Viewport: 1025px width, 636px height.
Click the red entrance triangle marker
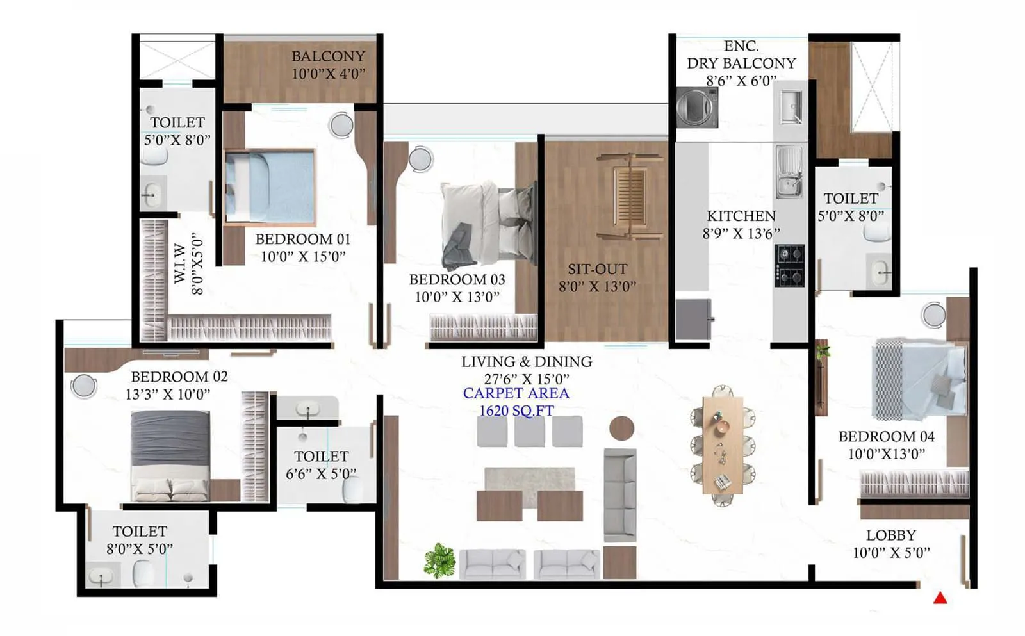[940, 598]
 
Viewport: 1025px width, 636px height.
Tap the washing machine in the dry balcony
[698, 108]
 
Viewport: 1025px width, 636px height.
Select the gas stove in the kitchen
[789, 265]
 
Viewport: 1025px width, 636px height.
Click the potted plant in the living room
[439, 560]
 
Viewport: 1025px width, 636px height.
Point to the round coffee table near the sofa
[621, 428]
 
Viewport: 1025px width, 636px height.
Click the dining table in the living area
[722, 444]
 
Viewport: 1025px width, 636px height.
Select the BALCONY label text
[328, 56]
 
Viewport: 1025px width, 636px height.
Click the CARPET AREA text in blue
[516, 393]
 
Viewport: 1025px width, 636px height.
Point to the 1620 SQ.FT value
[516, 411]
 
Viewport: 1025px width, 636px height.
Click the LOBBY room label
[890, 535]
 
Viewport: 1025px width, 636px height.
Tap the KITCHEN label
[741, 216]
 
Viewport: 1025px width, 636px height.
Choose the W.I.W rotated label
[180, 263]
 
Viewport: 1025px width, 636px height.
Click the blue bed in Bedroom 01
[271, 187]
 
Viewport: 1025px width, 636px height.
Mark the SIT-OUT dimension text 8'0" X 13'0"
[597, 286]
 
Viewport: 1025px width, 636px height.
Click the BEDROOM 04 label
[886, 437]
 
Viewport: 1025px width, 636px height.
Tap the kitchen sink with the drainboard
[789, 171]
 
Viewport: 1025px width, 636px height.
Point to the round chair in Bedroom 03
[421, 159]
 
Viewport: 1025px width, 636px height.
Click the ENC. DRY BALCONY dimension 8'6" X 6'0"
[741, 81]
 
